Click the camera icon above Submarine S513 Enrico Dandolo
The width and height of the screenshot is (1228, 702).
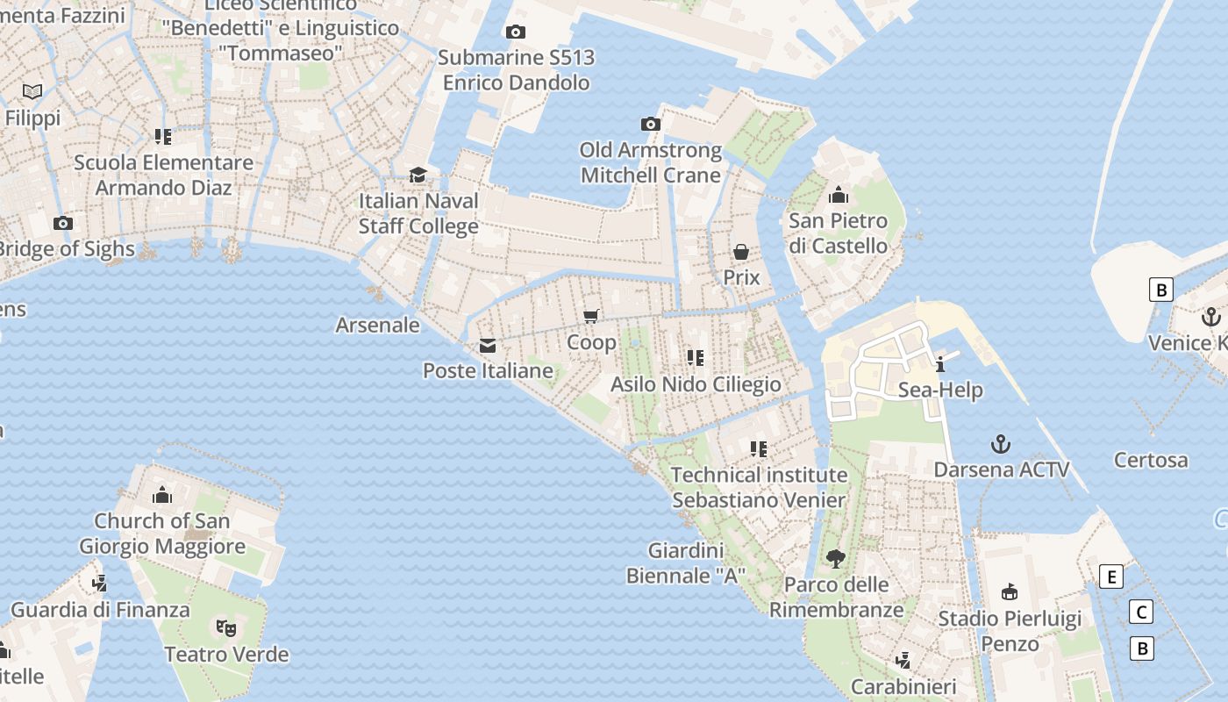pyautogui.click(x=516, y=32)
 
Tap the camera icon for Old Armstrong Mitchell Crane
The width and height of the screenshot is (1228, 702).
pyautogui.click(x=651, y=125)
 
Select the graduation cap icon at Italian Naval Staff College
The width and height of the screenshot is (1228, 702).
pyautogui.click(x=418, y=175)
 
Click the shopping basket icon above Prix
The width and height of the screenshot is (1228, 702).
pyautogui.click(x=741, y=253)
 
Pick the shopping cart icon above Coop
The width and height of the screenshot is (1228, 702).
pyautogui.click(x=591, y=317)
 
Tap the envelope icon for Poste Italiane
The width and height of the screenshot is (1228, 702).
pyautogui.click(x=488, y=346)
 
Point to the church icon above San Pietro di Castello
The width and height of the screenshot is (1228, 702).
pyautogui.click(x=839, y=195)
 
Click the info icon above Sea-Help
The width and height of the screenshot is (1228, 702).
pyautogui.click(x=940, y=364)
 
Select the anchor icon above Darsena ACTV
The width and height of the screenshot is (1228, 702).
pyautogui.click(x=1000, y=444)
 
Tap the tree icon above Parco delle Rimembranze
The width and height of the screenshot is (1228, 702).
pyautogui.click(x=836, y=558)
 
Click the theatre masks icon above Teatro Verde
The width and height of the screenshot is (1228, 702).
pyautogui.click(x=226, y=628)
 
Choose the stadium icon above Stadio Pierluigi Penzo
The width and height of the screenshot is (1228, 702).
pyautogui.click(x=1010, y=592)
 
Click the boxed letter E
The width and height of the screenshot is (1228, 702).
pyautogui.click(x=1111, y=577)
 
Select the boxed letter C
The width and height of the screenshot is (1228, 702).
pyautogui.click(x=1141, y=612)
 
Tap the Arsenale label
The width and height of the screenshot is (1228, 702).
pyautogui.click(x=378, y=325)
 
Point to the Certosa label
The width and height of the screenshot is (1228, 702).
pyautogui.click(x=1151, y=460)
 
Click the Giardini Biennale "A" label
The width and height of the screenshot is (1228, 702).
pyautogui.click(x=685, y=563)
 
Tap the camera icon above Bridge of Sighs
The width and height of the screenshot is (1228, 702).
pyautogui.click(x=63, y=224)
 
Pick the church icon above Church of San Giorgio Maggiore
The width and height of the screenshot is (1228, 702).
pyautogui.click(x=162, y=496)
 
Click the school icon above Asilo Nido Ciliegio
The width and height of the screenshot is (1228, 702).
pyautogui.click(x=696, y=358)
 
